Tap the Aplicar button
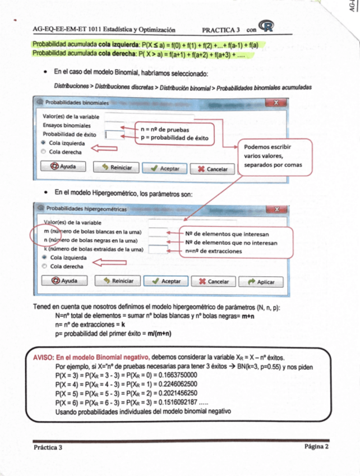pyautogui.click(x=261, y=282)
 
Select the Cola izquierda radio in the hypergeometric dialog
pyautogui.click(x=45, y=257)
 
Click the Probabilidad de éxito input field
pyautogui.click(x=113, y=135)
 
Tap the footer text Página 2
pyautogui.click(x=316, y=447)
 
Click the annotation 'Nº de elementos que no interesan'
pyautogui.click(x=230, y=242)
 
